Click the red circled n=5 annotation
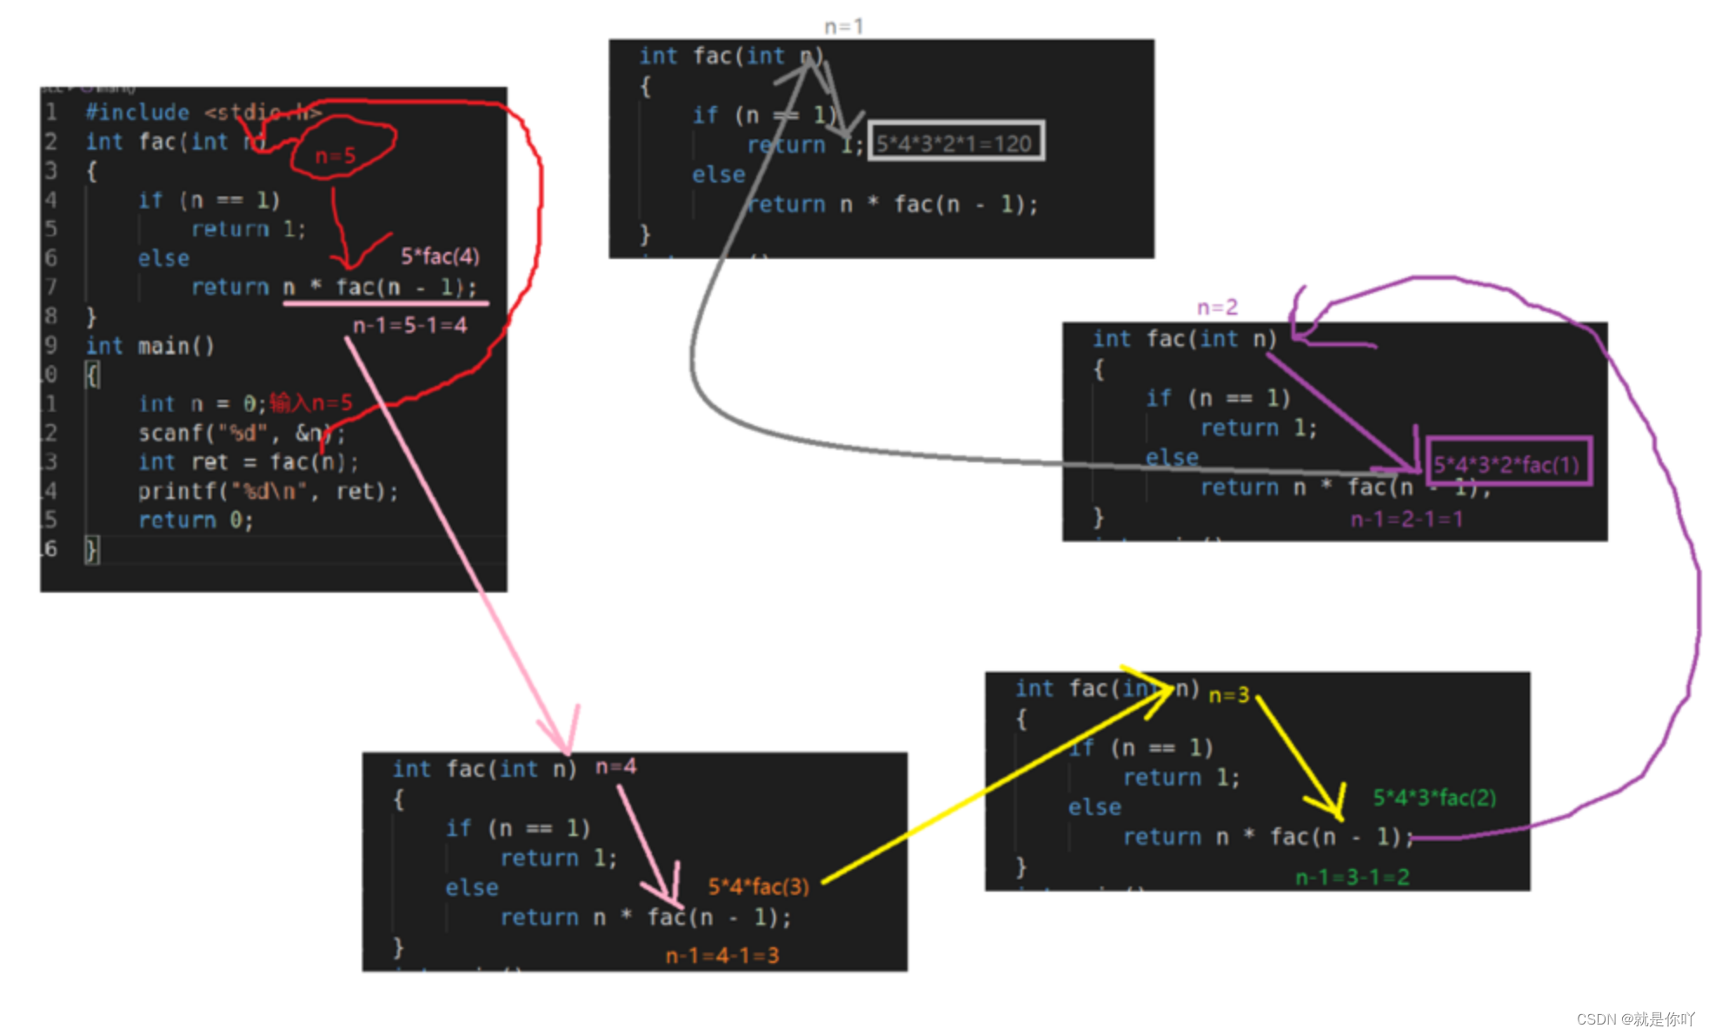(336, 156)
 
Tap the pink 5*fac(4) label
(440, 256)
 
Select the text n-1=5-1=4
(409, 326)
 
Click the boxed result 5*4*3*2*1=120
(954, 143)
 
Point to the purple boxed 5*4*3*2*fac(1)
(1507, 464)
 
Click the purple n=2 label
(1217, 308)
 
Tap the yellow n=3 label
(1228, 695)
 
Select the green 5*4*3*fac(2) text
(1434, 798)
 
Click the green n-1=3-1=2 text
(1352, 878)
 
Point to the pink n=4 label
(615, 766)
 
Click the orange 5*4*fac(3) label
(758, 886)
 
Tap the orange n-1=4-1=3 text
(722, 956)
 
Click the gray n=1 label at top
(843, 27)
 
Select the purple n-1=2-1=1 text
(1406, 520)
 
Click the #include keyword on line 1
(137, 113)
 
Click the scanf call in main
(170, 433)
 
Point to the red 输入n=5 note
(310, 403)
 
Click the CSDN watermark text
(1635, 1018)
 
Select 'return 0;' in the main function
(196, 521)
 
